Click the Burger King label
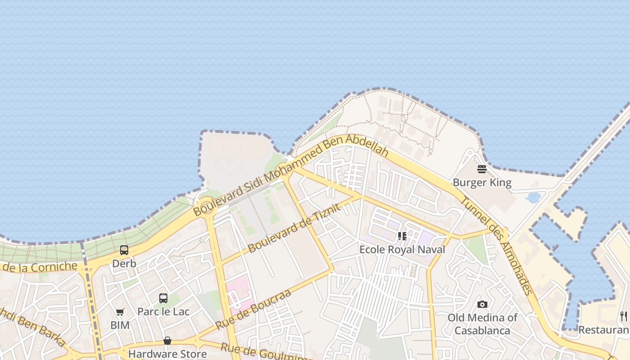pos(482,183)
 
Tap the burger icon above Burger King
pos(482,169)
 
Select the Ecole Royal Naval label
pos(402,249)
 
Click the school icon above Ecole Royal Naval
pos(402,236)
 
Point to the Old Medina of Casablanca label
pos(482,324)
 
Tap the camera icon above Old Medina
pos(482,304)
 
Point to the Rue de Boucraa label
pos(253,310)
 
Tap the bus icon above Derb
pos(124,250)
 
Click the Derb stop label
pos(124,264)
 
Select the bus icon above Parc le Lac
pos(163,298)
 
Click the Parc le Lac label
pos(163,311)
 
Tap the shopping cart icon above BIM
pos(120,312)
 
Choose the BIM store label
pos(120,325)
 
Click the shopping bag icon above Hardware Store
pos(167,341)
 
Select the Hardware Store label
pos(167,354)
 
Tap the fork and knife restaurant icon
pos(624,316)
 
